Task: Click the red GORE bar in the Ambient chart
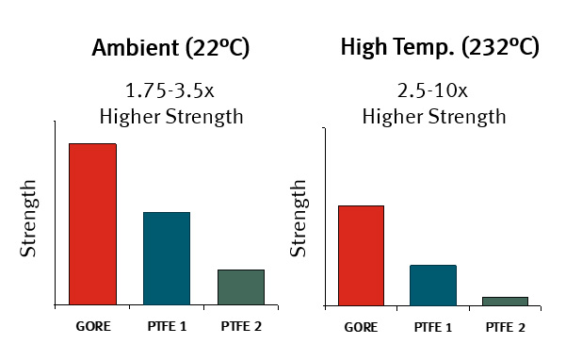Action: point(92,224)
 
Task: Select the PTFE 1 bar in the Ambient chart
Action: point(167,259)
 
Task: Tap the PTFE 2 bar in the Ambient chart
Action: point(241,287)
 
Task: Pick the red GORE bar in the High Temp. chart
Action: point(361,255)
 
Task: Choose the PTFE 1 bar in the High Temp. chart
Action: point(433,286)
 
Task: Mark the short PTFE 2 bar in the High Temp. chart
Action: point(505,301)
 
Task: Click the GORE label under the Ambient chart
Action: point(93,327)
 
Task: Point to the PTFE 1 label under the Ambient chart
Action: point(167,327)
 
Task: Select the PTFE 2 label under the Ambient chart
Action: point(241,327)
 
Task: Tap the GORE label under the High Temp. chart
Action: point(361,327)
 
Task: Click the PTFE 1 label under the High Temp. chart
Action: point(433,327)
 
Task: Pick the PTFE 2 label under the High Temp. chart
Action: point(506,327)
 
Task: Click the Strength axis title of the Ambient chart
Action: point(29,218)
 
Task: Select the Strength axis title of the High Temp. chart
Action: point(299,218)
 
